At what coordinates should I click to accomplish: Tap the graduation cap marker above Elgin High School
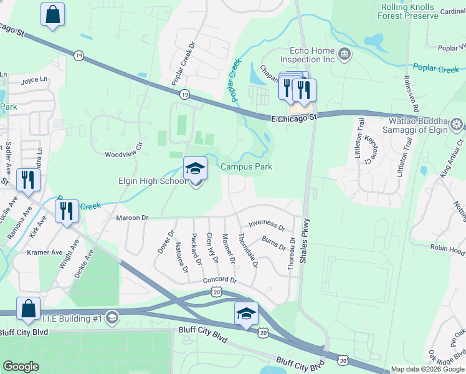click(195, 168)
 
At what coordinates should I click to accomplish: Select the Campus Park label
click(247, 167)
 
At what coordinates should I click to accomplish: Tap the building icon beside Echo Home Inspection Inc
click(343, 55)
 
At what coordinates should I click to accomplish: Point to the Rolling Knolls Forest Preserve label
click(409, 11)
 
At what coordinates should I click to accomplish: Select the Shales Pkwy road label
click(305, 242)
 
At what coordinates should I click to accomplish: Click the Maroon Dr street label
click(132, 218)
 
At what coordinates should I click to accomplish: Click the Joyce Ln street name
click(34, 80)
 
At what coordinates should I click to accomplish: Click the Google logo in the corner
click(21, 367)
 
